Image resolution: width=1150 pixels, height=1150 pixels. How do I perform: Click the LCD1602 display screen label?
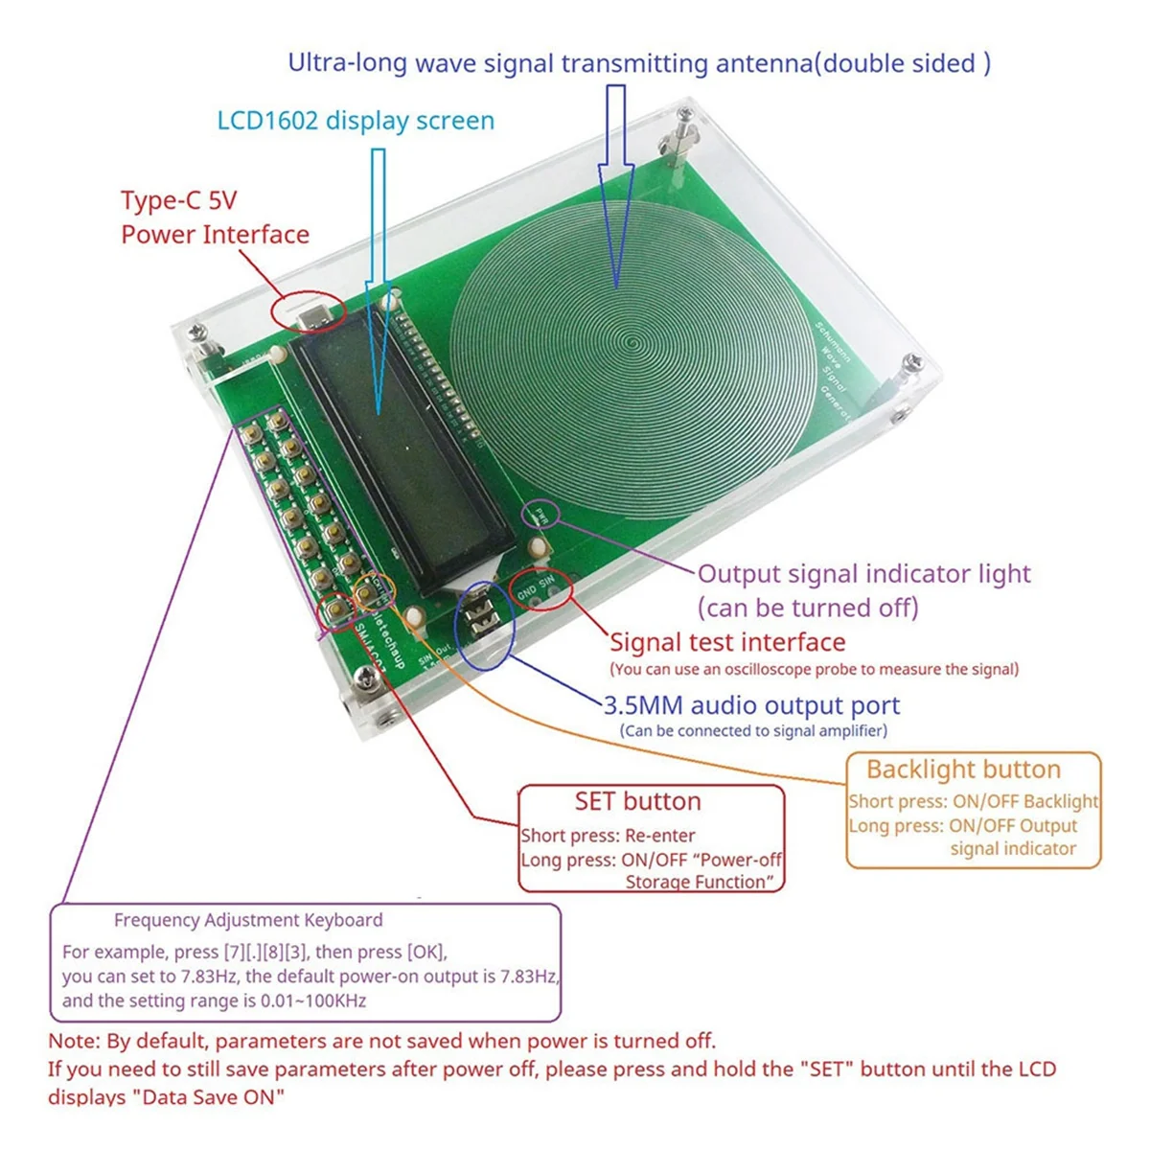pos(356,121)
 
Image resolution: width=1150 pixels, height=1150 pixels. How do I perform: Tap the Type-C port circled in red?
pos(310,311)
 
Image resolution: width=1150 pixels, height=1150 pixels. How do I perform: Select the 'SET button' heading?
pos(637,801)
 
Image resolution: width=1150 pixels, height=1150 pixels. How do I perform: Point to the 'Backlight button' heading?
pos(963,770)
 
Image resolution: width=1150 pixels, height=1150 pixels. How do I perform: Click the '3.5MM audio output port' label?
pos(751,705)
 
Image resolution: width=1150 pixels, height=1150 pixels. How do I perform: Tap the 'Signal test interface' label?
pos(727,642)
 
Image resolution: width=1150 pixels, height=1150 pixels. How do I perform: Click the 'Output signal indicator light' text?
pos(863,574)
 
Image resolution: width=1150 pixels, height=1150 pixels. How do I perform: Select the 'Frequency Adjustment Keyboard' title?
pos(248,920)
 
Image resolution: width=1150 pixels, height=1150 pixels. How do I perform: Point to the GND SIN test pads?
pos(539,587)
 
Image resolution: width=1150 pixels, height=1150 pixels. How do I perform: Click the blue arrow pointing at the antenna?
pos(616,182)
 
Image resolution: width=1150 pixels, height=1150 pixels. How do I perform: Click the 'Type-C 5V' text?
pos(178,201)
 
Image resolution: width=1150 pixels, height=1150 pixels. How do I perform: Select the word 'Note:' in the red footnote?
pos(73,1041)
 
